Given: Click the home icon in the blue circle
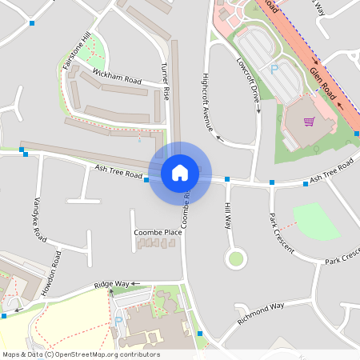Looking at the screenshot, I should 180,172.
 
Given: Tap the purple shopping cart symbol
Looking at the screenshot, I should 309,122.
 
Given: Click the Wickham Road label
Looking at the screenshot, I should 117,78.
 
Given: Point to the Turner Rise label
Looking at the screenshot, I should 166,81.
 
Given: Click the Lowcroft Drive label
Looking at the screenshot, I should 249,78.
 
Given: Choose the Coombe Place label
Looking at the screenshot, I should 158,232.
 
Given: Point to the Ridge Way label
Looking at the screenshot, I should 111,284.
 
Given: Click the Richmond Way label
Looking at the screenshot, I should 262,313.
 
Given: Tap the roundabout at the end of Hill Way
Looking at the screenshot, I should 235,258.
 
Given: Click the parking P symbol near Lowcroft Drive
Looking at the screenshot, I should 274,70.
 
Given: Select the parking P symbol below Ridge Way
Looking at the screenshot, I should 119,321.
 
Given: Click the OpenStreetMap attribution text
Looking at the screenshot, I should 80,354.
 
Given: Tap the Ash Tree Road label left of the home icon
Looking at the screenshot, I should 118,170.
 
